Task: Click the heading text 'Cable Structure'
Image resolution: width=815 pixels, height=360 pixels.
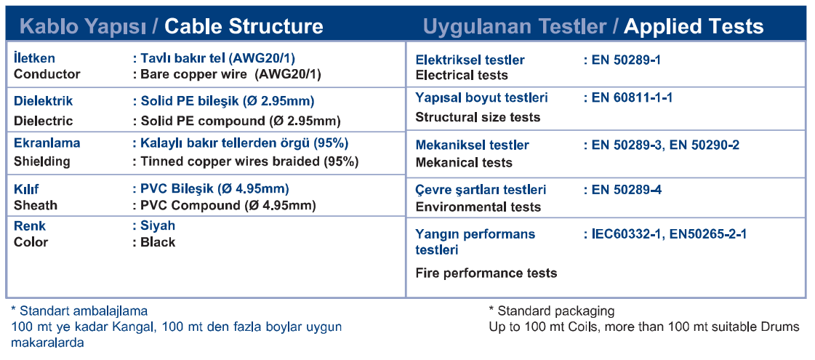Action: [x=244, y=26]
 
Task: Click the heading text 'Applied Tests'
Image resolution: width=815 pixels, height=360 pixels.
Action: [x=694, y=26]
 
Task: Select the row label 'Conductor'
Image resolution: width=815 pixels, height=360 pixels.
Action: [x=47, y=74]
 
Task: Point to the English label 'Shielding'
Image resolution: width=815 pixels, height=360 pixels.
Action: [x=41, y=161]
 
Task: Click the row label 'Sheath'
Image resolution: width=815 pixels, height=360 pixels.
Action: [x=36, y=206]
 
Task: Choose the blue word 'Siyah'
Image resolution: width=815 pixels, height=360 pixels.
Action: [x=158, y=225]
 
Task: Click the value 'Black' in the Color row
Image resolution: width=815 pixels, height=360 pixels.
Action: [x=158, y=242]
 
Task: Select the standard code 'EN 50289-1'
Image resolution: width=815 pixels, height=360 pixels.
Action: [x=626, y=60]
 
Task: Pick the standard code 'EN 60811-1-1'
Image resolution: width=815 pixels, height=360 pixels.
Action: [x=632, y=97]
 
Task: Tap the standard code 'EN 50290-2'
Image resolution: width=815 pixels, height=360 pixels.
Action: [x=704, y=145]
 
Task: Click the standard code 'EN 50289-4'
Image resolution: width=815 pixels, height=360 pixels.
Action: [x=626, y=190]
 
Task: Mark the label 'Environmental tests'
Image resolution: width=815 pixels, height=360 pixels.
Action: [x=478, y=207]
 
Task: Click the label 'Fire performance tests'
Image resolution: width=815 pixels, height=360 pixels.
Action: [x=486, y=273]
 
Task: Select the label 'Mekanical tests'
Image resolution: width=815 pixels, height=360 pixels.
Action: [x=464, y=163]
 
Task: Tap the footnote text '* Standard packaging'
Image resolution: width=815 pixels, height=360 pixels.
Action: [x=552, y=311]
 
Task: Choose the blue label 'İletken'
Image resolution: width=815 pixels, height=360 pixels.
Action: [x=34, y=58]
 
